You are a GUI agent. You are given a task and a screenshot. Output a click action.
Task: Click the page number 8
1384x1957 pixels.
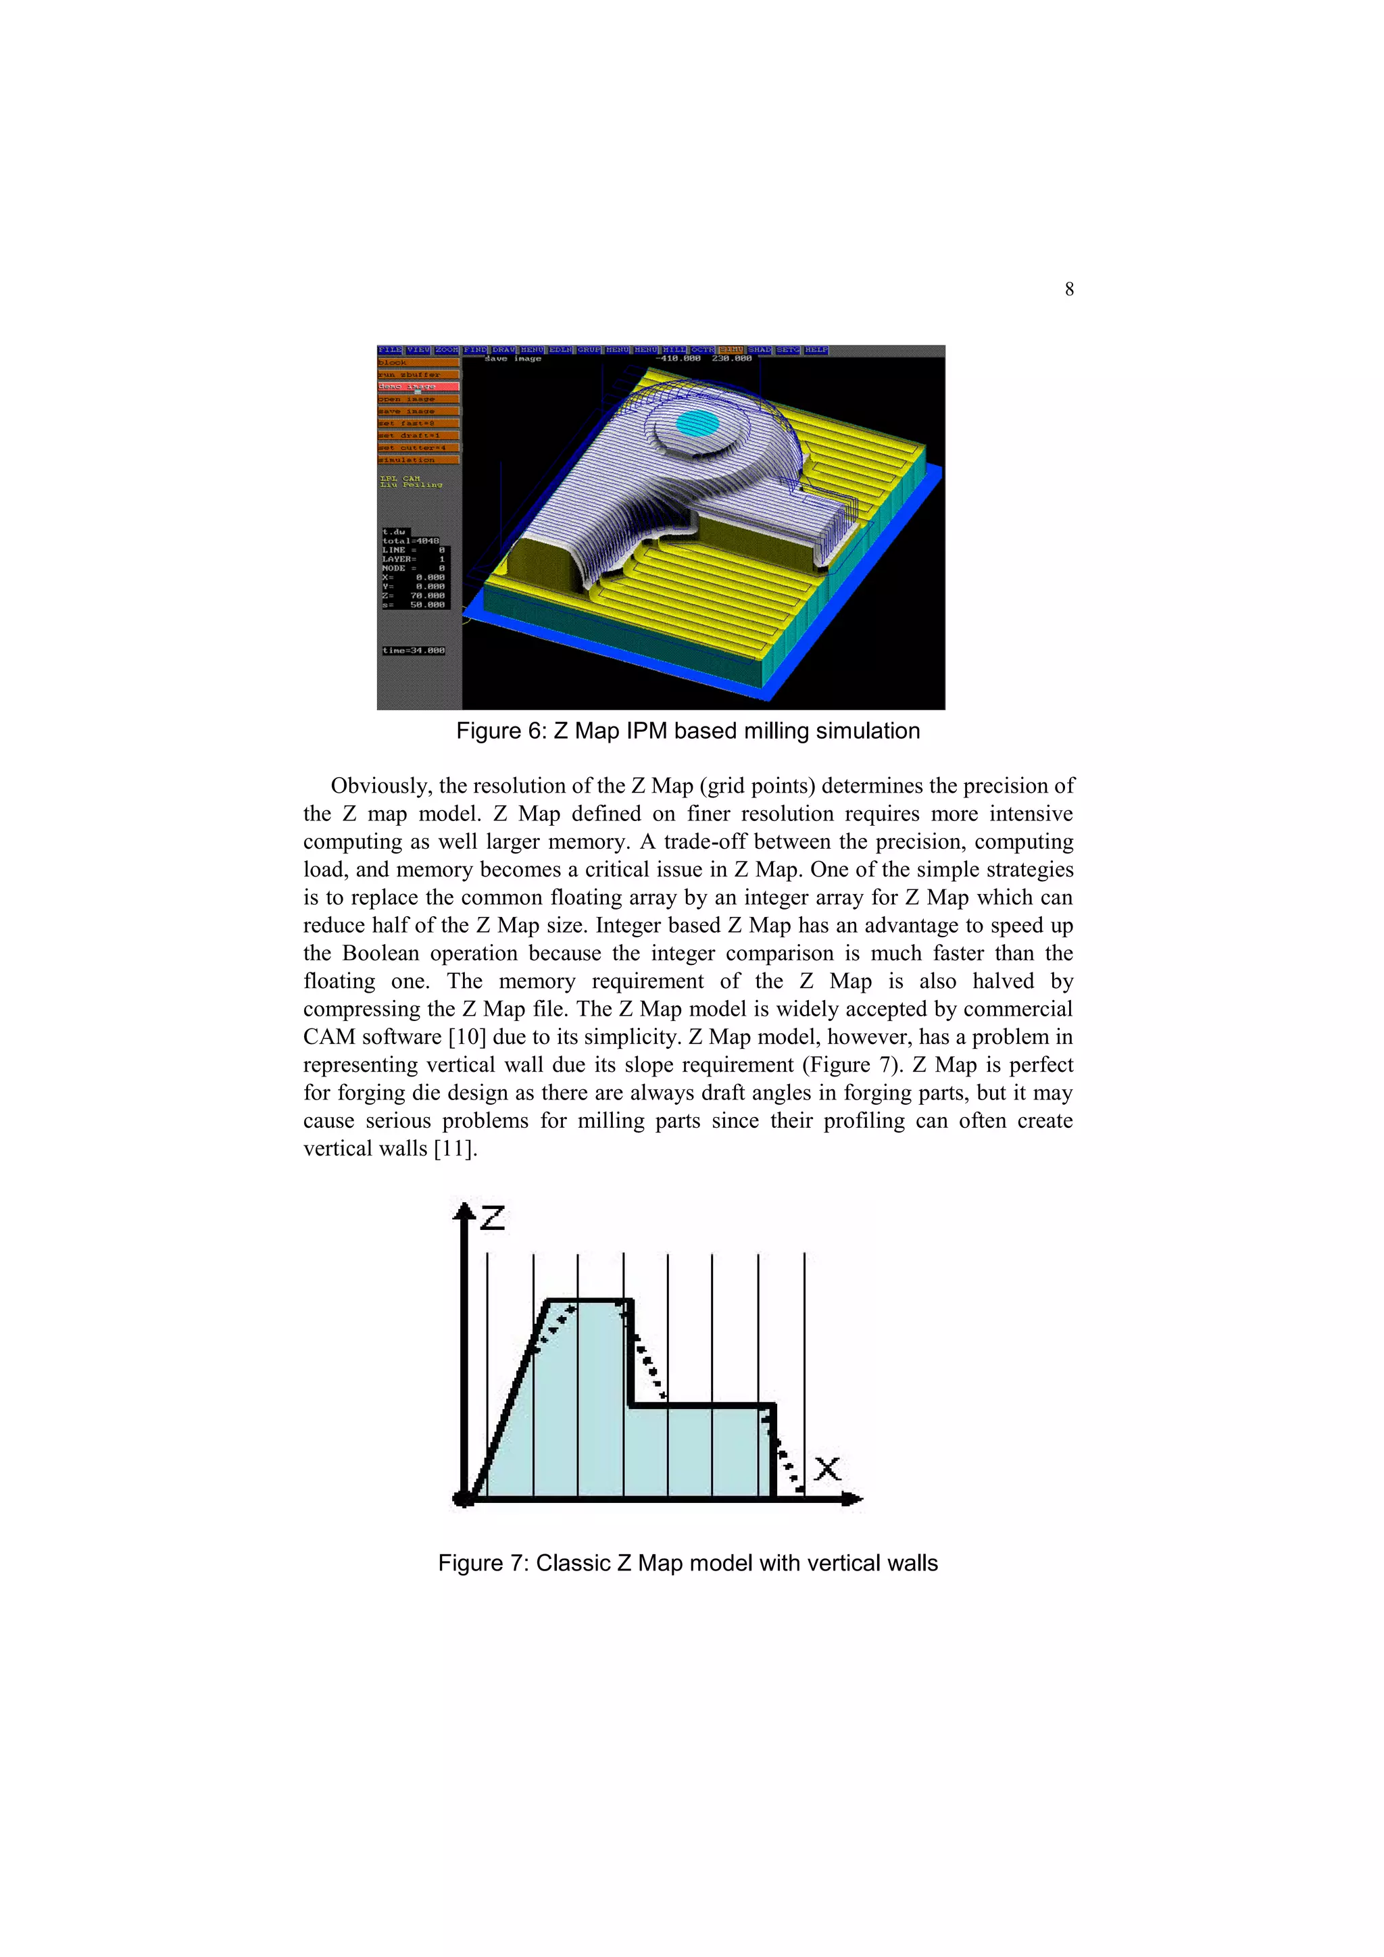point(1068,290)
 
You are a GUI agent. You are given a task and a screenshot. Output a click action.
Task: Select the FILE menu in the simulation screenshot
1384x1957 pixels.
point(389,350)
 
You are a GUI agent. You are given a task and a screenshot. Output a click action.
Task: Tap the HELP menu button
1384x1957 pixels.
point(816,350)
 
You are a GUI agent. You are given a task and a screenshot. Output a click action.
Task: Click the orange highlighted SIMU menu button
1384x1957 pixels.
point(731,350)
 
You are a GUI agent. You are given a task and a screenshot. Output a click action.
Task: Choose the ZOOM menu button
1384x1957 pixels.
point(447,350)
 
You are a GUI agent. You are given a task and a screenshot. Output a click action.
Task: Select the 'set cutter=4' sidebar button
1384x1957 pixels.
point(418,447)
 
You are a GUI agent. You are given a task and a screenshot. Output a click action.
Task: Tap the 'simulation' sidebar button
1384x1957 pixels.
point(418,460)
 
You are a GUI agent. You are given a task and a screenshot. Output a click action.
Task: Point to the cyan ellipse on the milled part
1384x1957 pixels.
point(697,422)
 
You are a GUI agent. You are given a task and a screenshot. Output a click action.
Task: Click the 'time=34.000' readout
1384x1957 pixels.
point(414,650)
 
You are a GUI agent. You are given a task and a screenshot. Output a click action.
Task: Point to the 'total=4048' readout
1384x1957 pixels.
point(411,541)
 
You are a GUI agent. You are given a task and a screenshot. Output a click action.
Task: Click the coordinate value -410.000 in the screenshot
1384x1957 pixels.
point(678,359)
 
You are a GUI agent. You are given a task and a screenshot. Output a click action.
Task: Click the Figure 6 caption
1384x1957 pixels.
point(688,731)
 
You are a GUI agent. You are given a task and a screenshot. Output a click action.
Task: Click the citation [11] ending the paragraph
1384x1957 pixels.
point(454,1149)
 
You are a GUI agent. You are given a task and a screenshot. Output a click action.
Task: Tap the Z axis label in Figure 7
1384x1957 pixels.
point(493,1218)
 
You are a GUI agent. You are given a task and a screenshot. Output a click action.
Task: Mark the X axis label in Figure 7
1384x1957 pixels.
point(826,1468)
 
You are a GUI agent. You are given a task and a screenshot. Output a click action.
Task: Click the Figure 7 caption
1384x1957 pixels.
point(688,1563)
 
